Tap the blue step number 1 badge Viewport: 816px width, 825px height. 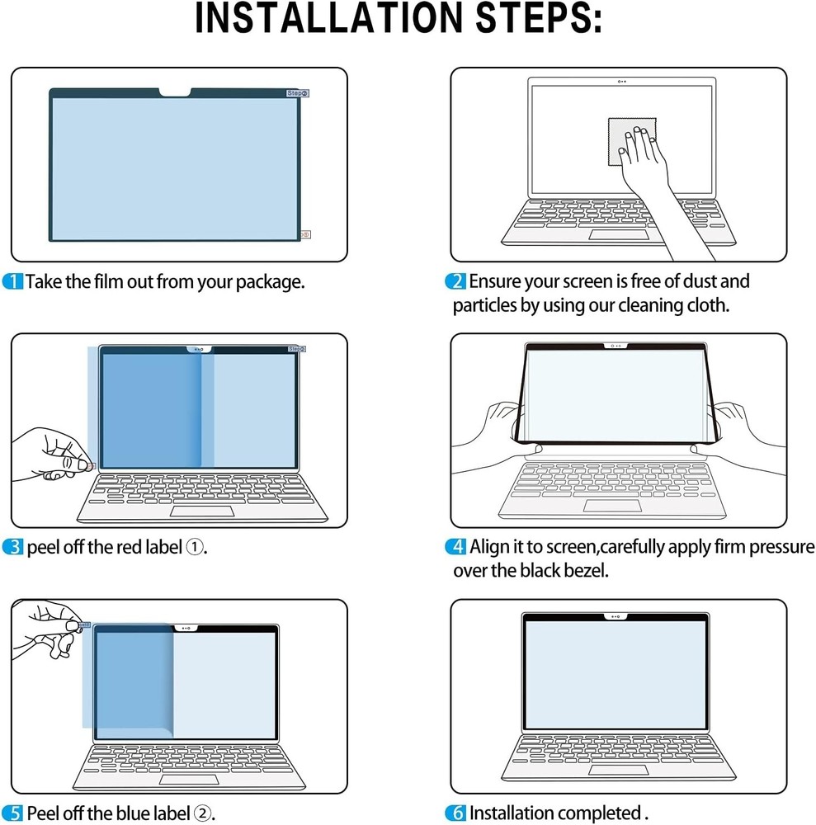point(13,281)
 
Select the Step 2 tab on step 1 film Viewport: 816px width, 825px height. point(297,94)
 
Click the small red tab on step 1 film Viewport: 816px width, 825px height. point(306,234)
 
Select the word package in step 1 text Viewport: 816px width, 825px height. point(270,282)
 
